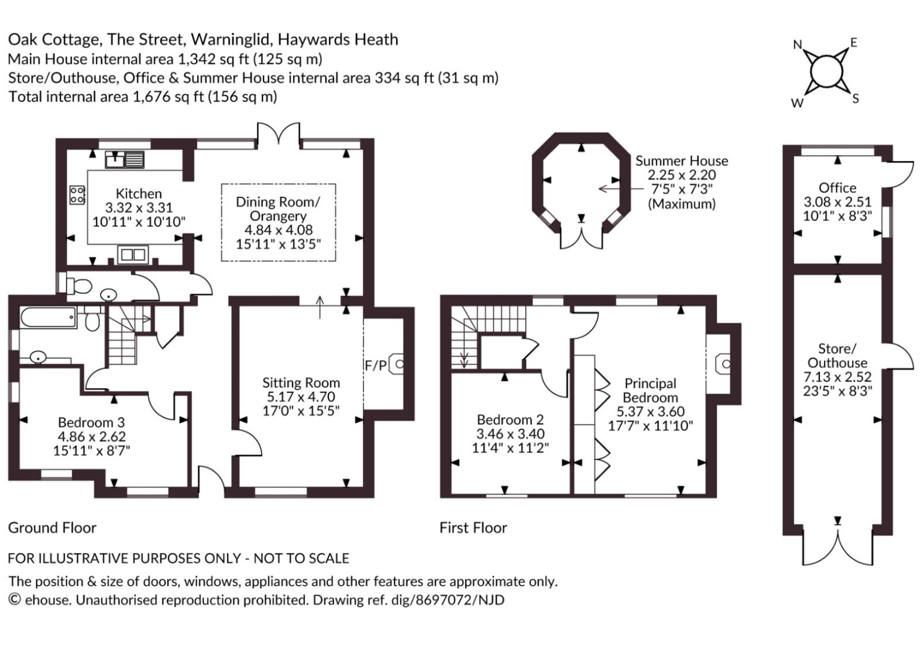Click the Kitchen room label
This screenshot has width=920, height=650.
click(x=139, y=193)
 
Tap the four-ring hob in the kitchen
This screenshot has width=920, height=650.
click(x=77, y=195)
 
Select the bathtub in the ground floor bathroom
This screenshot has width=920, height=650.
click(x=49, y=317)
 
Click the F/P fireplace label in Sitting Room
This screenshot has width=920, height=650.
click(x=376, y=365)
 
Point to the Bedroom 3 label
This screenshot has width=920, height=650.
click(x=91, y=422)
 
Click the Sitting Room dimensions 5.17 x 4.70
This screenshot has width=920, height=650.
click(x=301, y=397)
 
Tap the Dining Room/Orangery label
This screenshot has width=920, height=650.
click(x=278, y=208)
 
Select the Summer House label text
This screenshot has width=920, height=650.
click(x=682, y=161)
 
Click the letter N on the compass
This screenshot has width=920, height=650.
click(x=798, y=45)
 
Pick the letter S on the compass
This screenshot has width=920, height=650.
click(x=856, y=98)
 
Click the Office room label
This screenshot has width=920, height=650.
click(x=837, y=188)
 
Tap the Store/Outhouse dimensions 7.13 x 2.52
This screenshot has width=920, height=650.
click(x=837, y=377)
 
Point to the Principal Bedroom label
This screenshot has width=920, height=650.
click(x=650, y=391)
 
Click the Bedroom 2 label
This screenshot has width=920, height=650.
click(x=510, y=419)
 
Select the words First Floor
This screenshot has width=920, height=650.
click(x=473, y=528)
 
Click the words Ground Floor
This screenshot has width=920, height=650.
click(x=52, y=528)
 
